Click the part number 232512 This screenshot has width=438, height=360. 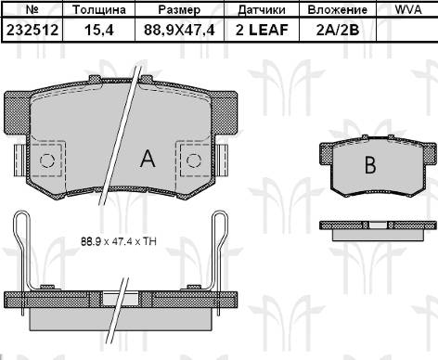click(32, 30)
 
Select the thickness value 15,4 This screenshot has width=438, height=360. click(99, 30)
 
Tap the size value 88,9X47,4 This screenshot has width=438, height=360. click(179, 30)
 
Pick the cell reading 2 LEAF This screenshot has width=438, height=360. click(262, 30)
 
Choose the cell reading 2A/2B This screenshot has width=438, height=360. click(338, 30)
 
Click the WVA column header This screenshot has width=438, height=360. click(408, 9)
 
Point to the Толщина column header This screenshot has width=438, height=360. click(99, 10)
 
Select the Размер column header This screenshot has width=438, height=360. click(179, 10)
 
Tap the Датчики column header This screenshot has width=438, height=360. click(262, 10)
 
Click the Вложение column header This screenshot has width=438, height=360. click(338, 10)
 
